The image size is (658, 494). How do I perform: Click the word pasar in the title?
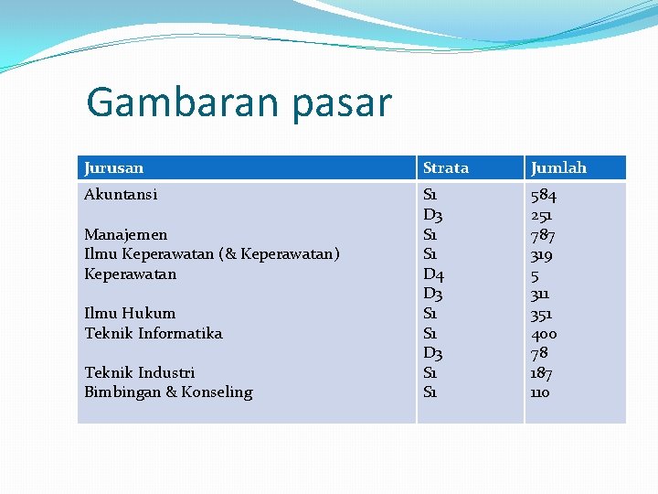(x=342, y=104)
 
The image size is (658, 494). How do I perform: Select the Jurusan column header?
(x=113, y=167)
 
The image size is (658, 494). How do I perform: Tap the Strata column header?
(x=446, y=167)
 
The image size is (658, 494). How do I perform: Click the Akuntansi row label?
(x=121, y=194)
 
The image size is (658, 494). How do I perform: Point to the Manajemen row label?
(x=125, y=234)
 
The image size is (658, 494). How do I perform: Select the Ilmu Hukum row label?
(x=130, y=313)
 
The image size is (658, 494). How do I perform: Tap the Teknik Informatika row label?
(x=154, y=333)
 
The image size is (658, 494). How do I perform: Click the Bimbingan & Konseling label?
(x=168, y=392)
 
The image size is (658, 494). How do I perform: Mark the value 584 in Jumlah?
(x=544, y=195)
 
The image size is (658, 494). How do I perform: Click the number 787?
(x=544, y=234)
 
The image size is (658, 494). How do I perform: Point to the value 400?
(x=544, y=333)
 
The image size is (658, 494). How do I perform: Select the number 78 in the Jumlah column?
(x=540, y=353)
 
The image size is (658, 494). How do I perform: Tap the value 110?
(x=541, y=392)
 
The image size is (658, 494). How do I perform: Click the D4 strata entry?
(x=433, y=274)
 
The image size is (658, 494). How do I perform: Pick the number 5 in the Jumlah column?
(x=536, y=274)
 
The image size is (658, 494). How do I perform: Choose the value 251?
(x=542, y=215)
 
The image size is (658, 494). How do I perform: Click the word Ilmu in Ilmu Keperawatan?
(x=99, y=253)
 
